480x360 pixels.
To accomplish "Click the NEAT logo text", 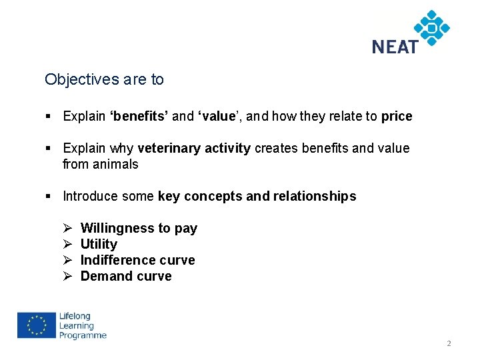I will click(395, 47).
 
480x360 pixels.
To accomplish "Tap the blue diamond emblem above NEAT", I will click(431, 27).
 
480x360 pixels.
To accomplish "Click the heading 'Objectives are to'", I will click(104, 80).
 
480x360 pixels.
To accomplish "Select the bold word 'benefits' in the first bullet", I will click(139, 116).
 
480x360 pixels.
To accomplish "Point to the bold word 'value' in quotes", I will click(217, 116).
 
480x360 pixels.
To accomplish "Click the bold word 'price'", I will click(397, 116).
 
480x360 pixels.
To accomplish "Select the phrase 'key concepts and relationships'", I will click(257, 196).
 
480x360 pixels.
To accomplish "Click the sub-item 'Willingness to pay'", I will click(139, 228).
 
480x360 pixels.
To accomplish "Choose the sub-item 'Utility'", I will click(99, 244).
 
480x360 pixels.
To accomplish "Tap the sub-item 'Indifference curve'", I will click(137, 260).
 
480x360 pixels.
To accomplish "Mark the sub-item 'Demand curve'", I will click(126, 276).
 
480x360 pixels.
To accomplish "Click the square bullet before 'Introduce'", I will click(49, 196).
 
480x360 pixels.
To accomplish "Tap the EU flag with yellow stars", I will click(36, 326).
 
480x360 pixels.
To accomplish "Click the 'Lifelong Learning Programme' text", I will click(82, 326).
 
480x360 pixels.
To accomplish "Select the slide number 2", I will click(449, 343).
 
